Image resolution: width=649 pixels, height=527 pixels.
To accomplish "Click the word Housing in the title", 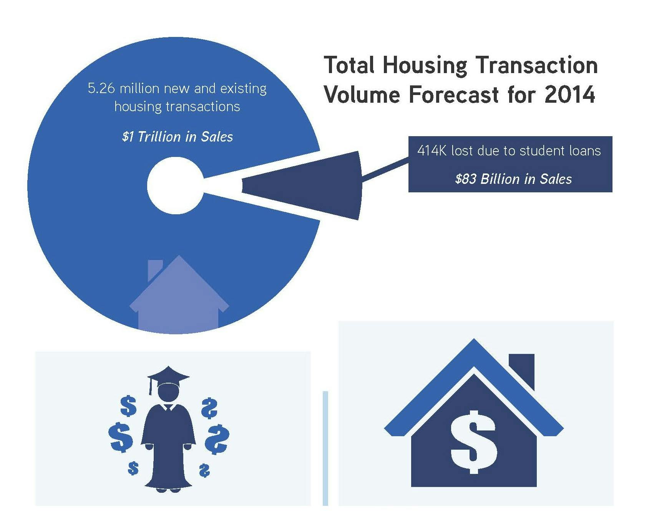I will pyautogui.click(x=424, y=65).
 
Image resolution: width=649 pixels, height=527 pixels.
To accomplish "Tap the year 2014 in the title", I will pyautogui.click(x=569, y=95).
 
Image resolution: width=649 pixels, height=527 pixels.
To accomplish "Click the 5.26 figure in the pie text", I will pyautogui.click(x=101, y=88).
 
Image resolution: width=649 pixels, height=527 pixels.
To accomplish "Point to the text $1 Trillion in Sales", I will pyautogui.click(x=177, y=137).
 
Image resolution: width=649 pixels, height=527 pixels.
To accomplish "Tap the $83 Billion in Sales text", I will pyautogui.click(x=513, y=179).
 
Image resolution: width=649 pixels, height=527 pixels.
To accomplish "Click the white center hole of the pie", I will pyautogui.click(x=175, y=185).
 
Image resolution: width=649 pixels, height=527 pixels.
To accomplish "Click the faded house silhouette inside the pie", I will pyautogui.click(x=179, y=300).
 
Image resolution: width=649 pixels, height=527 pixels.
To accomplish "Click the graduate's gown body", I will pyautogui.click(x=168, y=442).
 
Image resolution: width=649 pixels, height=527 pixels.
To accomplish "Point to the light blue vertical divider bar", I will pyautogui.click(x=325, y=448).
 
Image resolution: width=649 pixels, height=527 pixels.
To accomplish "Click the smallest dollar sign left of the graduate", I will pyautogui.click(x=133, y=468).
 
